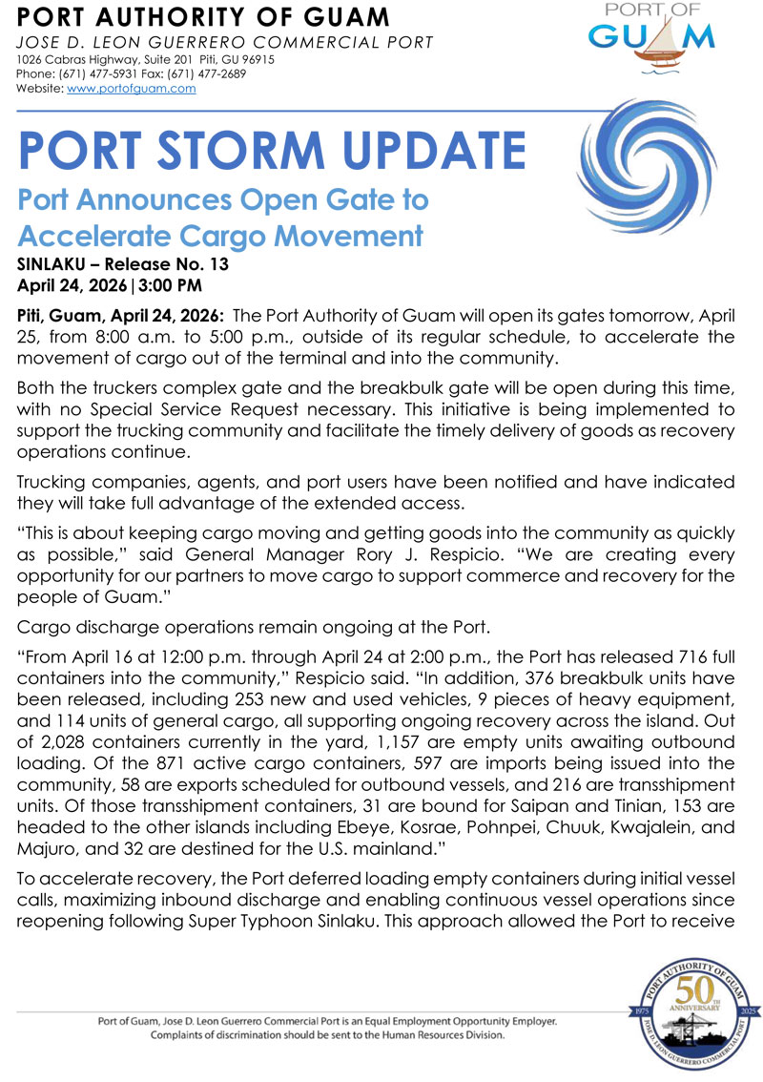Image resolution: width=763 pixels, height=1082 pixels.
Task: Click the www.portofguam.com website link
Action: click(x=132, y=88)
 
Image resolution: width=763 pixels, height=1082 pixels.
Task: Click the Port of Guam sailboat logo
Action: click(x=651, y=39)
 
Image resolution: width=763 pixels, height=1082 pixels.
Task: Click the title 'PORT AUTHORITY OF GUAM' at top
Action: click(x=204, y=17)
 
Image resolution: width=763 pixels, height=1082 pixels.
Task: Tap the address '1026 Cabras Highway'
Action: click(x=71, y=59)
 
